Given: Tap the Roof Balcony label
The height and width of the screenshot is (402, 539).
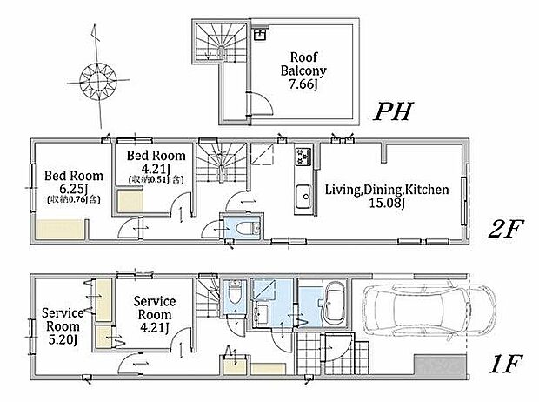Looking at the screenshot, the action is pos(303,64).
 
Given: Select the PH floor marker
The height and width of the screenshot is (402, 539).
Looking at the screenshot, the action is pos(393,111).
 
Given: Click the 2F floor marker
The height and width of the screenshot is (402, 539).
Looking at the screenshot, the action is pos(506,229).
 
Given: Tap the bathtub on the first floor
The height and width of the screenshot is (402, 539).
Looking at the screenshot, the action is pos(335,302).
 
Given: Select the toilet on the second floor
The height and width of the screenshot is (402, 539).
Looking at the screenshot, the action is pos(248,228).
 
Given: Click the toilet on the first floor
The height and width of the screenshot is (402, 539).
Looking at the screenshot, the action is pos(235,292).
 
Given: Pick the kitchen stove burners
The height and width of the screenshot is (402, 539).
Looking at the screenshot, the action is pos(303,157).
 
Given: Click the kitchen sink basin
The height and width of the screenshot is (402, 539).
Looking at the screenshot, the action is pos(303,196).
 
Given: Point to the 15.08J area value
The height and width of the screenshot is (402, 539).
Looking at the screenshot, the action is pos(386,203).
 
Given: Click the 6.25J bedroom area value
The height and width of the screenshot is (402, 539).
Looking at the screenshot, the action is pos(73,189).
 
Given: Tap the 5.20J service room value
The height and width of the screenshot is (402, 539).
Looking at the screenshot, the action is pos(63,340).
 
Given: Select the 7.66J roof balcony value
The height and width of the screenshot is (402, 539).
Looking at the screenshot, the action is pos(303,84).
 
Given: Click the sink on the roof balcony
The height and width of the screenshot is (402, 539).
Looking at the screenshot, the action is pos(260,35).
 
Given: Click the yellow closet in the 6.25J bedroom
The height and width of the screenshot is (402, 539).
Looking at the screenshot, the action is pos(60,229).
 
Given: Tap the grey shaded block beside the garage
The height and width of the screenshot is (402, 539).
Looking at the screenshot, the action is pos(441,365).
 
